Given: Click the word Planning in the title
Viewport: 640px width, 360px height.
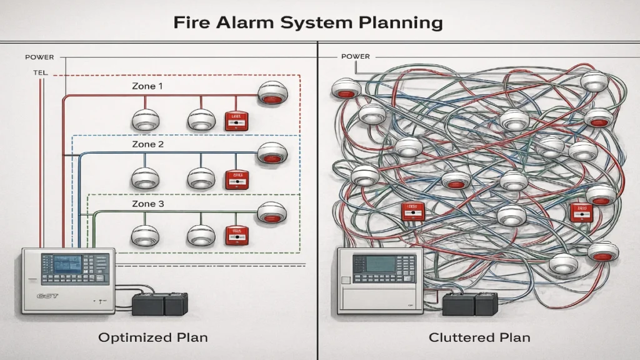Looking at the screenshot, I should pos(397,23).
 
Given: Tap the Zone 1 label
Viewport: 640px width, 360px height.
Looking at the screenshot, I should pos(147,86).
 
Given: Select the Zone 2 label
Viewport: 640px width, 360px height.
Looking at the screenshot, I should pos(147,144).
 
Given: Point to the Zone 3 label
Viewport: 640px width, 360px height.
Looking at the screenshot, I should pos(147,204).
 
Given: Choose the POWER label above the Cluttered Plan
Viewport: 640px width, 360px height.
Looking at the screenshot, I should pos(355,57).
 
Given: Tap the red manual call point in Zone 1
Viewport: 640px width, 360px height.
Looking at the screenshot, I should pos(236,121).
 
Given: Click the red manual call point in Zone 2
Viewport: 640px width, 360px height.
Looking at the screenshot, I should pos(236,179).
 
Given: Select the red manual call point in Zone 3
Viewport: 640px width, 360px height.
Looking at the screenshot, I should pos(236,235).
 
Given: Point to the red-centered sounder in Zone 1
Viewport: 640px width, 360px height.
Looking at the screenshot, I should pos(272,93).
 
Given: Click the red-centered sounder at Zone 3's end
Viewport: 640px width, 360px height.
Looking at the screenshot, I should pos(272,212).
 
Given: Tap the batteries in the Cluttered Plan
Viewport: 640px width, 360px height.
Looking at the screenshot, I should pos(469,305).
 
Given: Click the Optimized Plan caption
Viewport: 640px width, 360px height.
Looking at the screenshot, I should pos(153,337).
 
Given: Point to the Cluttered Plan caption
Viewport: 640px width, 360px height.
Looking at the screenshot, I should pos(479,337).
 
